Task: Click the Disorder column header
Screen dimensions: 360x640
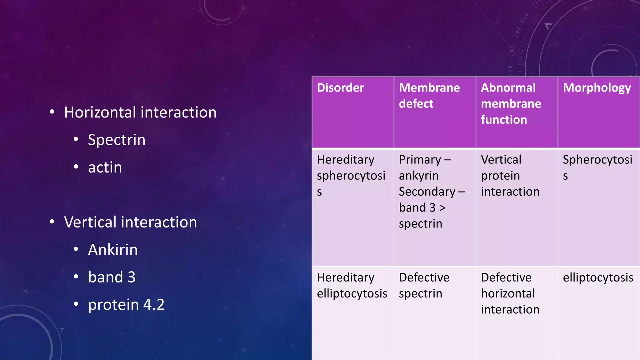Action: pyautogui.click(x=340, y=88)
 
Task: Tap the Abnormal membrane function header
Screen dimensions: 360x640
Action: pyautogui.click(x=511, y=103)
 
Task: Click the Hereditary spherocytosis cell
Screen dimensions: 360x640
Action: pyautogui.click(x=351, y=175)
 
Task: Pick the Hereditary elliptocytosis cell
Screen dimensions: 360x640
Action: pyautogui.click(x=352, y=285)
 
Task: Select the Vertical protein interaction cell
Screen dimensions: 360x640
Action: pyautogui.click(x=510, y=175)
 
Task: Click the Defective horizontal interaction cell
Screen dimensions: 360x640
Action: pyautogui.click(x=510, y=293)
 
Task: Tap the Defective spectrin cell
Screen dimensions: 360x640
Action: pyautogui.click(x=424, y=285)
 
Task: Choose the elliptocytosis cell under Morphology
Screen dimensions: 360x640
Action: pyautogui.click(x=598, y=277)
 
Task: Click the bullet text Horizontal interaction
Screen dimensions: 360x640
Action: pyautogui.click(x=140, y=112)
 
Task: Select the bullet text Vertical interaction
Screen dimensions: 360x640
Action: pyautogui.click(x=130, y=222)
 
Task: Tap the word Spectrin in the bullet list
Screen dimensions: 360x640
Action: pyautogui.click(x=117, y=140)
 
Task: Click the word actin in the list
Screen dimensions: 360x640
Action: pyautogui.click(x=105, y=167)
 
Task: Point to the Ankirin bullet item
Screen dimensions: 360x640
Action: pyautogui.click(x=112, y=250)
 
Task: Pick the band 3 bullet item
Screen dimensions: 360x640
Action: pyautogui.click(x=112, y=277)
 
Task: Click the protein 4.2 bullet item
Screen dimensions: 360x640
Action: pyautogui.click(x=126, y=305)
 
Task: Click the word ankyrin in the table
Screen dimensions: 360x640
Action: pyautogui.click(x=418, y=176)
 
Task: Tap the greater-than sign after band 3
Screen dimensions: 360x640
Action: pyautogui.click(x=442, y=208)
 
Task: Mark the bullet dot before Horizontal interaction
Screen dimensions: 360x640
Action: pyautogui.click(x=52, y=112)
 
